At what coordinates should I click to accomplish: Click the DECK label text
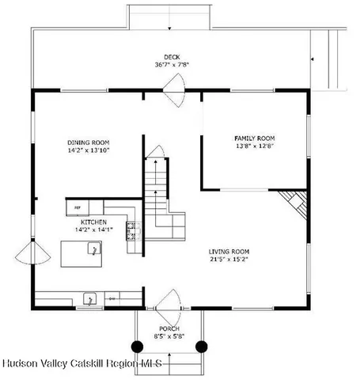coord(171,56)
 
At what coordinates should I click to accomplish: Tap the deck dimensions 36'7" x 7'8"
coord(171,65)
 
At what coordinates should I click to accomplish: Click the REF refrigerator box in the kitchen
coord(78,207)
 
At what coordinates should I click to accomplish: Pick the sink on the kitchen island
coord(93,252)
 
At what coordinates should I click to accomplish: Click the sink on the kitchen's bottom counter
coord(91,299)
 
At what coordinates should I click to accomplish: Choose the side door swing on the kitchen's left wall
coord(32,254)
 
